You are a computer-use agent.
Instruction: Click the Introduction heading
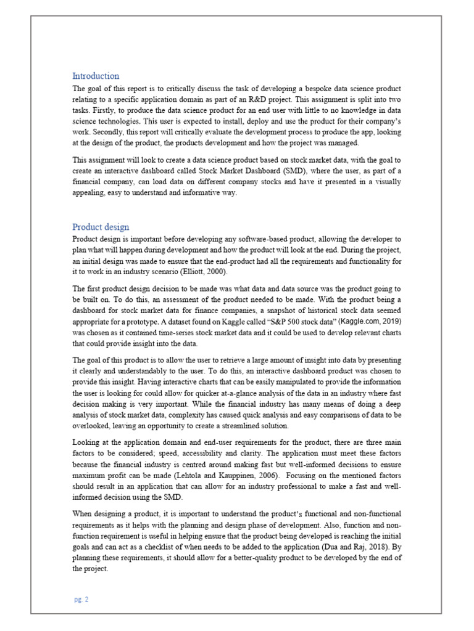[x=96, y=76]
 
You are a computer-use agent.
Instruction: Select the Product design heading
[x=101, y=227]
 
